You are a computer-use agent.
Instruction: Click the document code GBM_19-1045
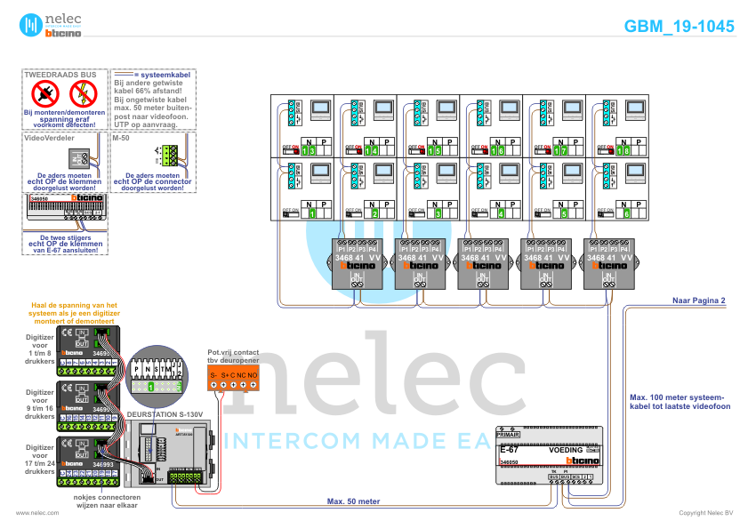point(680,27)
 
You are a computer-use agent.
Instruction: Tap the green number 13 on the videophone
point(309,151)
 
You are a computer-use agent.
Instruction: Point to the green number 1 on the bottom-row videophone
point(311,213)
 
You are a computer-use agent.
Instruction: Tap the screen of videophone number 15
point(446,110)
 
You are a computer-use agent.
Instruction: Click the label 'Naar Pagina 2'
point(699,301)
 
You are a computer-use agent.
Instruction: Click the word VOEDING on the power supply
point(566,451)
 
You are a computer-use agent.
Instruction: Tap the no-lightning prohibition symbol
point(83,92)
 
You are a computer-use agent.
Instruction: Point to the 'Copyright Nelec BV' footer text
point(705,513)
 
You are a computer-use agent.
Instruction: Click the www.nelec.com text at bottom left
point(37,513)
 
